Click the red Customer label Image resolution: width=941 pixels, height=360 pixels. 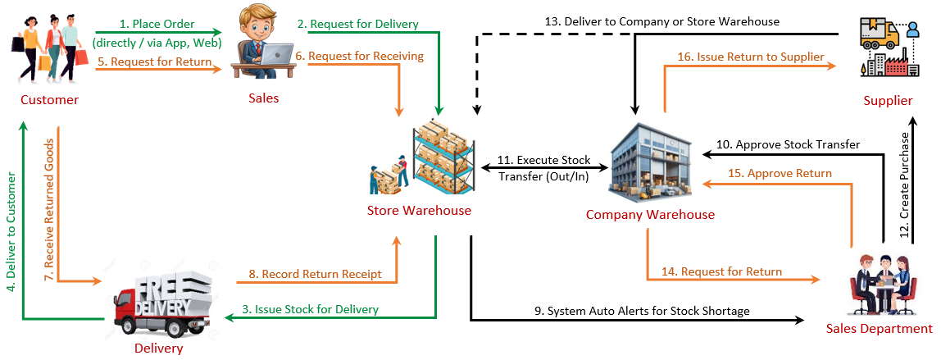[x=50, y=100]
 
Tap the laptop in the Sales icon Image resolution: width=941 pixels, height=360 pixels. [x=279, y=54]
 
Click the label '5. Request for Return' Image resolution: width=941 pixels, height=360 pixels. [x=155, y=62]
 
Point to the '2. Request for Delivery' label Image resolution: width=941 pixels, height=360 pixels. [x=357, y=24]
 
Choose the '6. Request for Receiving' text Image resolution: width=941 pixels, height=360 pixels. [x=360, y=56]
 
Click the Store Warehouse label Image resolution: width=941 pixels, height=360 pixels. [x=419, y=210]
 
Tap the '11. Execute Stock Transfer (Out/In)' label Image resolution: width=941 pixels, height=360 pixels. [x=544, y=166]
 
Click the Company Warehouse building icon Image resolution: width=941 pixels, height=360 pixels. [x=651, y=162]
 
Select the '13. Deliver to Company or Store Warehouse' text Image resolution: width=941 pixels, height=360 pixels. [x=661, y=21]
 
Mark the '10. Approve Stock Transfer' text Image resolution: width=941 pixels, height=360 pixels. [x=788, y=144]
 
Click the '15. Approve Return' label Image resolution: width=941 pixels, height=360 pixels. [x=779, y=173]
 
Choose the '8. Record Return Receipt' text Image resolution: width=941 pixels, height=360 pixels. [x=315, y=274]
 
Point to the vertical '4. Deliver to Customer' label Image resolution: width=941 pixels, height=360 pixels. [x=11, y=231]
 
